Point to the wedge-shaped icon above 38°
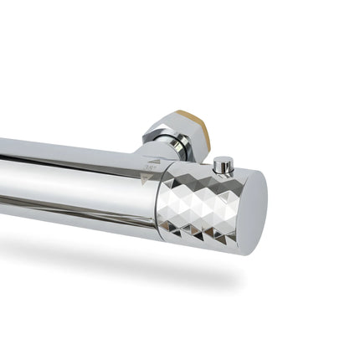point(152,160)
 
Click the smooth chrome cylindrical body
point(75,193)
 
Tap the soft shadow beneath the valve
point(126,260)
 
